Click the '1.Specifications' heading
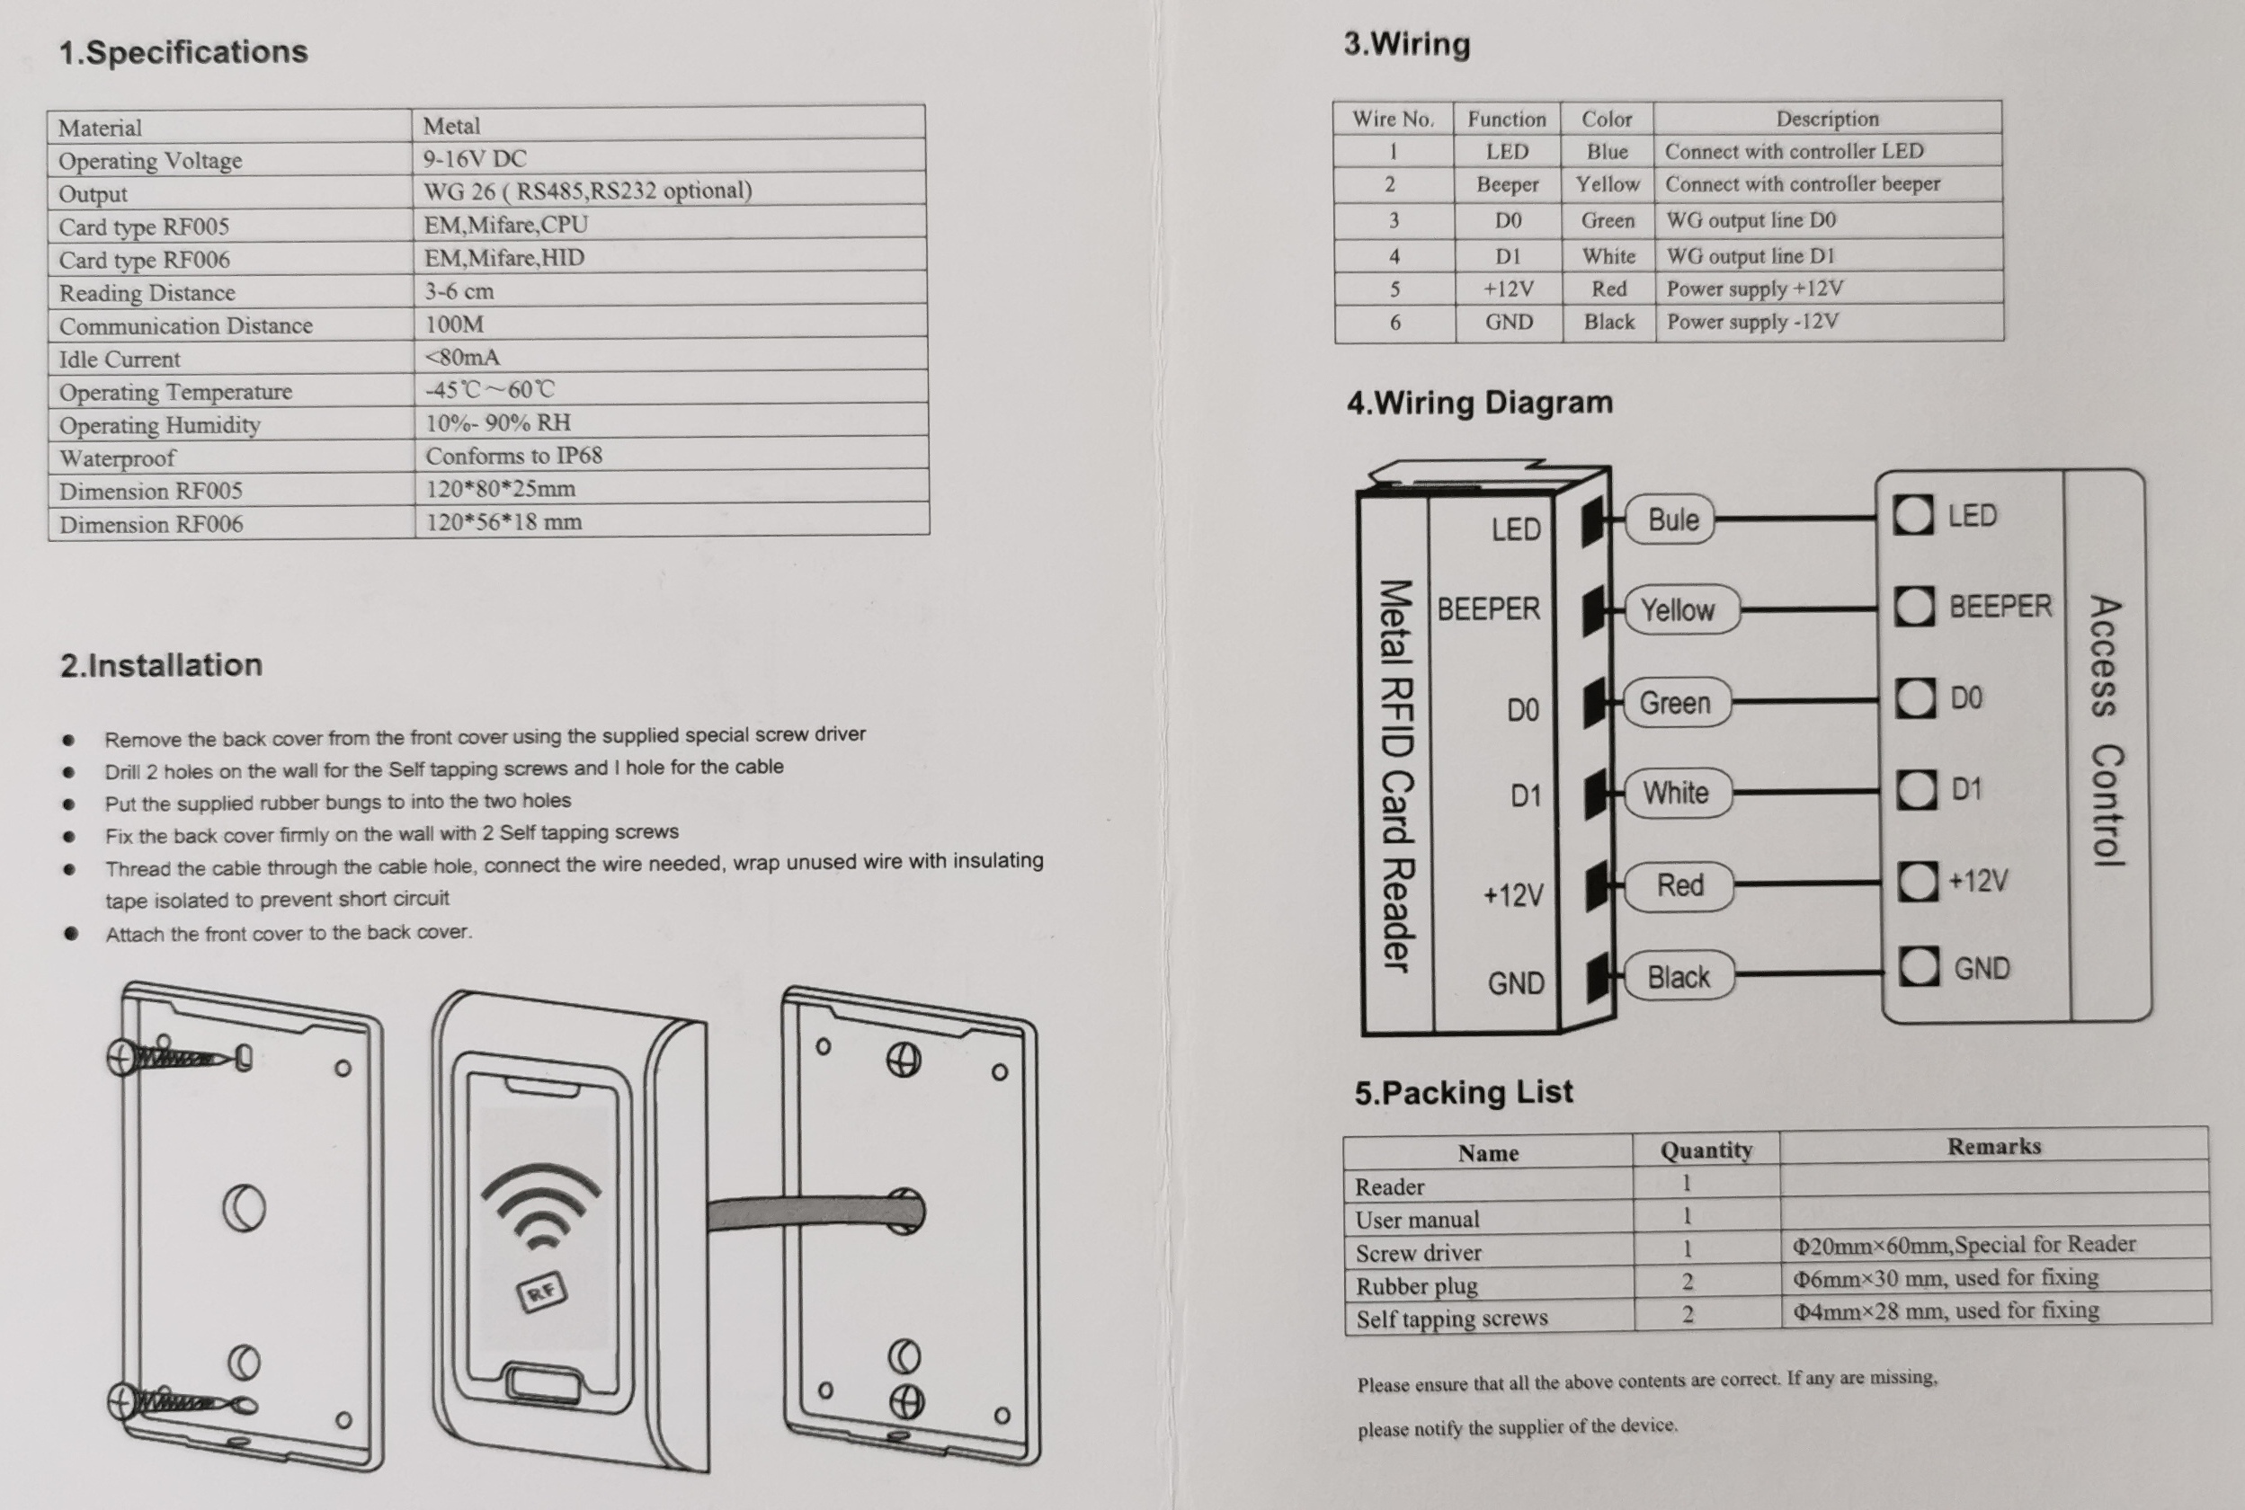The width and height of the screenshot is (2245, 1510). (x=183, y=52)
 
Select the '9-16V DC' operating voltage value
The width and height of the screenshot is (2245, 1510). (x=475, y=158)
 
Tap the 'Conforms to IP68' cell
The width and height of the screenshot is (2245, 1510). (x=513, y=456)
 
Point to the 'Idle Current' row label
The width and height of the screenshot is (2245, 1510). (x=120, y=360)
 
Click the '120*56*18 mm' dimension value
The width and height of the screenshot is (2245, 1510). (x=503, y=522)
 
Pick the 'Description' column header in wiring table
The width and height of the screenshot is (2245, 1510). (x=1826, y=119)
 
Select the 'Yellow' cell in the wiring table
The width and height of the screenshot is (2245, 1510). (x=1607, y=184)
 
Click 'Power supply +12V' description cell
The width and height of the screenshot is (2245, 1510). (x=1754, y=289)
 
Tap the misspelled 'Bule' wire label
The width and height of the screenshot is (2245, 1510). (x=1673, y=520)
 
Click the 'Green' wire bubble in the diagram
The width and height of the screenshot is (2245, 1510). (x=1675, y=703)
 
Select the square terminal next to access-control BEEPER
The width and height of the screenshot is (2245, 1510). (x=1914, y=607)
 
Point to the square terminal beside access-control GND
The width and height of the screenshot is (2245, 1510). (x=1919, y=966)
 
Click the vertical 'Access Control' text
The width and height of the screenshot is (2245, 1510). (x=2106, y=732)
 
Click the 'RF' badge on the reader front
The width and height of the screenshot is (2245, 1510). (x=542, y=1292)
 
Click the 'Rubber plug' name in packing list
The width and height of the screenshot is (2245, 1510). (x=1416, y=1285)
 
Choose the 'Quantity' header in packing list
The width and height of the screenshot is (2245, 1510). (x=1705, y=1150)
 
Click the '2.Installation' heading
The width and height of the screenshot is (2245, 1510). (x=161, y=664)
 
